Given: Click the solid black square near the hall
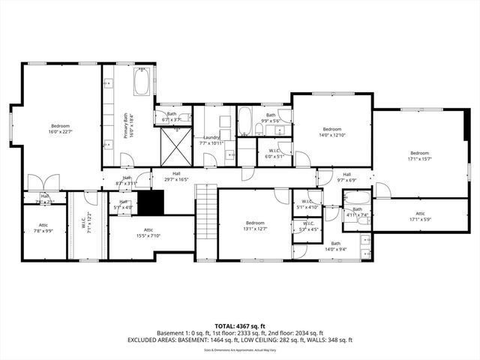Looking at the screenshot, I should coord(153,202).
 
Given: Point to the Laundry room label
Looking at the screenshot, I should coord(210,140).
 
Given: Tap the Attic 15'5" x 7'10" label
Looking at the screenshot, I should coord(148,233).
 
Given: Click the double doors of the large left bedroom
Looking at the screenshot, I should coord(40,182).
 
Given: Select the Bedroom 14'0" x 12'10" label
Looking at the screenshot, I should coord(331,132).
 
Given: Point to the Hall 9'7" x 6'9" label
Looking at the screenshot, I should coord(347,177).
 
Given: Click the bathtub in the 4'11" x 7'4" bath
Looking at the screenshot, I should coord(354,200).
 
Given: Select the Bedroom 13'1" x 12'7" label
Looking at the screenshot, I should coord(255,226).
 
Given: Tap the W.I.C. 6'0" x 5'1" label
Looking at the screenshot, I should coord(274,154).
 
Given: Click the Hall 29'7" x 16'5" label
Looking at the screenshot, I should coord(167,176).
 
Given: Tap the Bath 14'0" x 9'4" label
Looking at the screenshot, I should coord(335,247).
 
